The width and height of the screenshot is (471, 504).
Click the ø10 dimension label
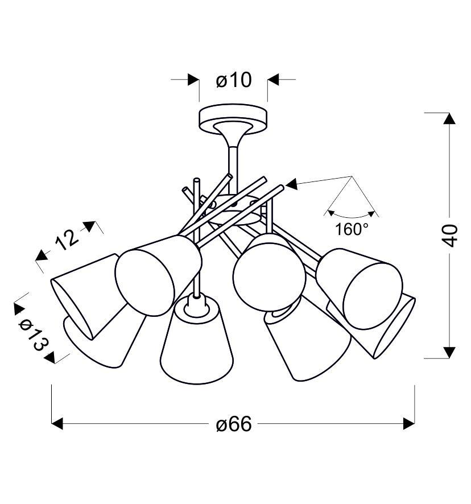click(x=233, y=80)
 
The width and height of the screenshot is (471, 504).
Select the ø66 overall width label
click(x=233, y=424)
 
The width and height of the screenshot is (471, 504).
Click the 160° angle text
click(x=352, y=230)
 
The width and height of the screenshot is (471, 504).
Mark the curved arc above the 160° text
click(x=352, y=216)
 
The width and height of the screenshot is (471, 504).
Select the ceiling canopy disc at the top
click(x=233, y=117)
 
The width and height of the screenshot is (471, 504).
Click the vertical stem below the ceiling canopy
click(x=233, y=162)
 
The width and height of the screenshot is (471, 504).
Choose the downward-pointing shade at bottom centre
click(x=197, y=347)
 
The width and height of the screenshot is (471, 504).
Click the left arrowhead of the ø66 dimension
click(x=57, y=424)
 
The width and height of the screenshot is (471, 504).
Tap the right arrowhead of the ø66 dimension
click(x=408, y=424)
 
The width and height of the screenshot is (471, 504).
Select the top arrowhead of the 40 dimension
click(x=449, y=119)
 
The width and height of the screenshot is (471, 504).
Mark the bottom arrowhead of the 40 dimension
click(x=449, y=352)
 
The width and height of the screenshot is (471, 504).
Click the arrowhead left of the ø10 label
click(x=193, y=80)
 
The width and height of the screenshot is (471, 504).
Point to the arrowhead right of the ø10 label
click(x=274, y=80)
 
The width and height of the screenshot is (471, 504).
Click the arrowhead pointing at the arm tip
click(x=291, y=184)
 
